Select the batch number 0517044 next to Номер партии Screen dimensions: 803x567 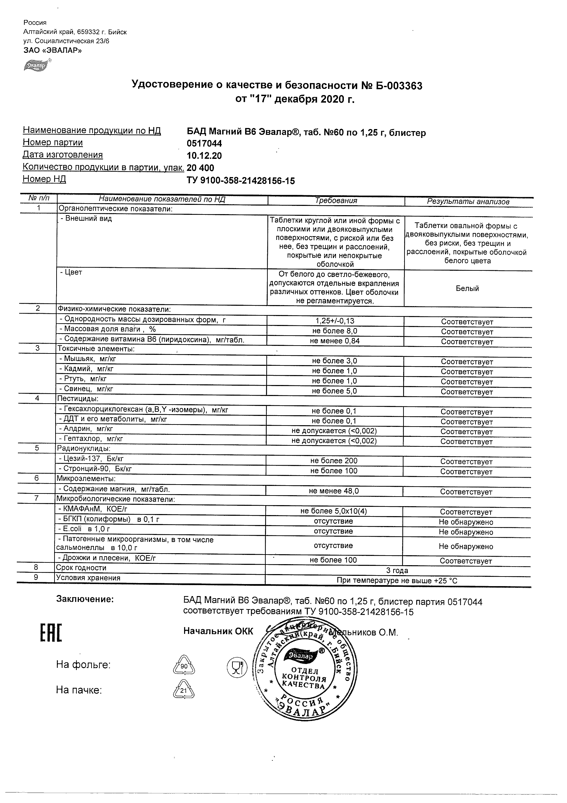pyautogui.click(x=204, y=144)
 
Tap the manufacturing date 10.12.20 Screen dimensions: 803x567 pyautogui.click(x=204, y=156)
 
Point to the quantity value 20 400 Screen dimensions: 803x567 pyautogui.click(x=201, y=168)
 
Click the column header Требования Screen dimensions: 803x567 pyautogui.click(x=336, y=201)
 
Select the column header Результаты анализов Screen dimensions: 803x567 pyautogui.click(x=468, y=202)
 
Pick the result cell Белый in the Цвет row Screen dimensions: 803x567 pyautogui.click(x=468, y=289)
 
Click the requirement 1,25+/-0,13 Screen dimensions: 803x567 pyautogui.click(x=335, y=321)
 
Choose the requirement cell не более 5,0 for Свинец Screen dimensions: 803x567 pyautogui.click(x=334, y=391)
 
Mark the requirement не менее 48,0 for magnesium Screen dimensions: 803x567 pyautogui.click(x=334, y=491)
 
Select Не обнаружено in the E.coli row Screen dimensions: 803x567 pyautogui.click(x=466, y=532)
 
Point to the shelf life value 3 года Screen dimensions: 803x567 pyautogui.click(x=397, y=571)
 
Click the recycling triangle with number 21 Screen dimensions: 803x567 pyautogui.click(x=184, y=690)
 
